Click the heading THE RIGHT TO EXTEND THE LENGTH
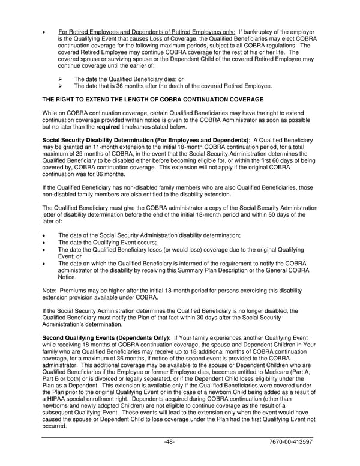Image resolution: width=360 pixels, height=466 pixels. click(152, 98)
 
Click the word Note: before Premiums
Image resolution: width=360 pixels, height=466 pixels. click(49, 291)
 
